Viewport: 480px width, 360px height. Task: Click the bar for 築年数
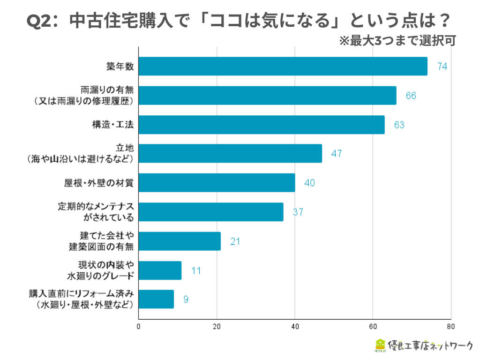click(283, 66)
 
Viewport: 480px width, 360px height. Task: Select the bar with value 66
click(268, 96)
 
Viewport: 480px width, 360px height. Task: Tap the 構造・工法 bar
click(262, 125)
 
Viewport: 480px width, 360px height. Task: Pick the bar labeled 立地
click(231, 153)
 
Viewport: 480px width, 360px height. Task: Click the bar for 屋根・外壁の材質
click(217, 183)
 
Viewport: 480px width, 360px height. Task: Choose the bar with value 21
click(180, 241)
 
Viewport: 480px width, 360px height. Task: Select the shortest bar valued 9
click(157, 299)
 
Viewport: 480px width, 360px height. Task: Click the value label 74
click(442, 67)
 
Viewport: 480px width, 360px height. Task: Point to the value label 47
click(336, 154)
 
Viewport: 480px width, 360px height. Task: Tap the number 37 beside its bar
click(298, 212)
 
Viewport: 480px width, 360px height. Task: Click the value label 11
click(196, 270)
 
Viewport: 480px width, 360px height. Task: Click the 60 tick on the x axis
click(373, 327)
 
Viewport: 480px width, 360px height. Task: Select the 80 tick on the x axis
click(450, 327)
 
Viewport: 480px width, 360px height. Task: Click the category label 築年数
click(120, 67)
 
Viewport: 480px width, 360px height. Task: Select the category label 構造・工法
click(113, 125)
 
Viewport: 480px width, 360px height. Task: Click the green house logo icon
click(380, 345)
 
